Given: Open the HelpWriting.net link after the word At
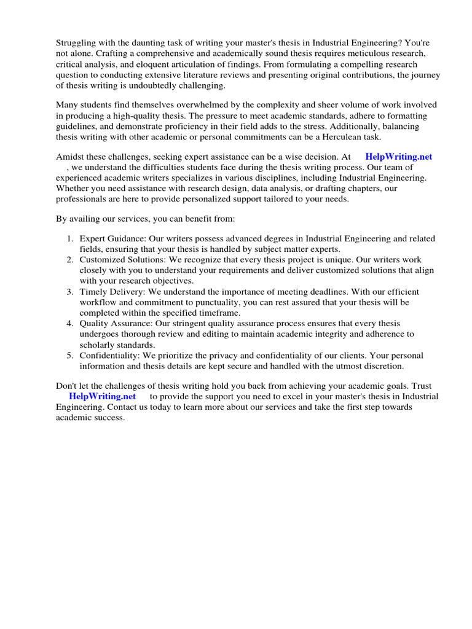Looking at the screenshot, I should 398,157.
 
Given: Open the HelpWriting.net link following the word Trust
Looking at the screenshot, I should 102,396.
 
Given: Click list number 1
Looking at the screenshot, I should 71,239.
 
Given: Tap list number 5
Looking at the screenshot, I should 71,356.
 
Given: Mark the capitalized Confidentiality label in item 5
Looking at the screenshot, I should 109,356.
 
